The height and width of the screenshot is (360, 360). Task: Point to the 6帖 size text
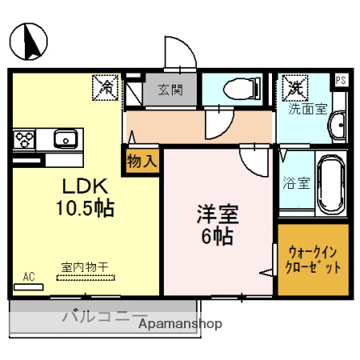pos(218,237)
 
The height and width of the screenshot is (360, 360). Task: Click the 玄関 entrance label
pos(170,90)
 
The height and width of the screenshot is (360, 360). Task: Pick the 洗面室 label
pos(308,109)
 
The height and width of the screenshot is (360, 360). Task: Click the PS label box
pos(341,79)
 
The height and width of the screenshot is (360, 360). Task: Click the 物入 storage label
pos(142,160)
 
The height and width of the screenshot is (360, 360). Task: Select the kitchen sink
pos(64,139)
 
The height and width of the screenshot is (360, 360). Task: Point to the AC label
pos(29,277)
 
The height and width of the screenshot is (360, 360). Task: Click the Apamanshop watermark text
pos(181,324)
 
